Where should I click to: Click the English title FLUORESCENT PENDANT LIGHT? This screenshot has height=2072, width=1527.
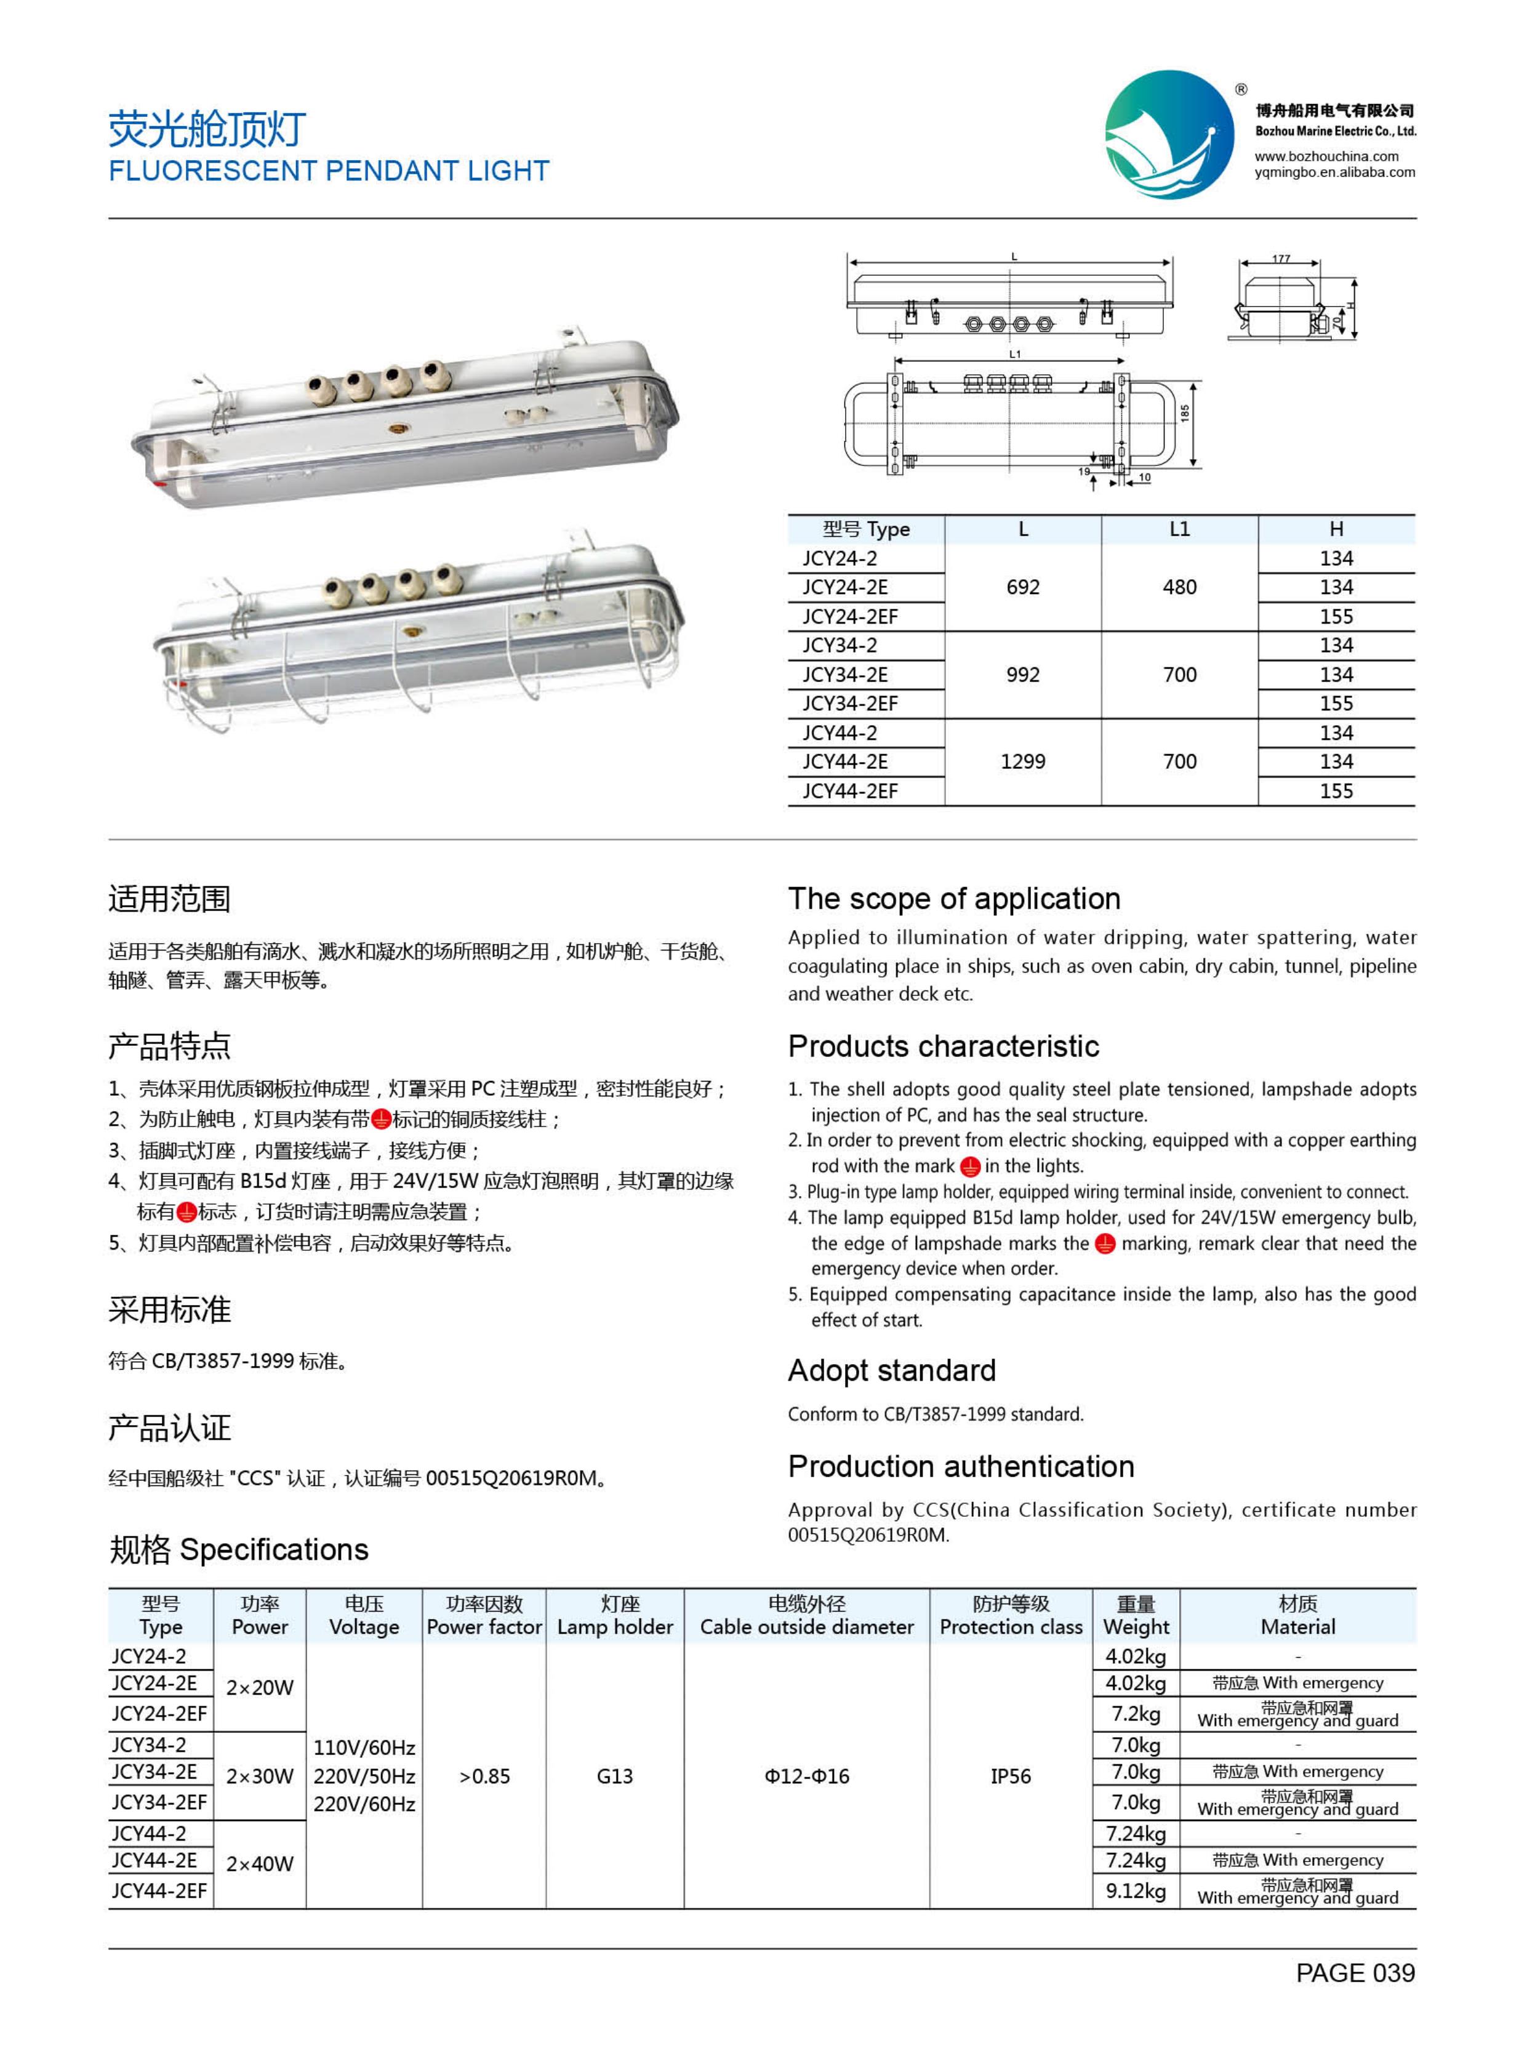tap(329, 171)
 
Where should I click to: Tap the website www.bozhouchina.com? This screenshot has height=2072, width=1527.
tap(1326, 156)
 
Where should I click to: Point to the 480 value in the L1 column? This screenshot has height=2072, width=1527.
tap(1179, 587)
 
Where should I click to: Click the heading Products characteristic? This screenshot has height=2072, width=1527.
tap(943, 1046)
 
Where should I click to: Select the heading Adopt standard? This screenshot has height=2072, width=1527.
tap(891, 1370)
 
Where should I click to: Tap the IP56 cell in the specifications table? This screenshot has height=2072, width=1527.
tap(1010, 1776)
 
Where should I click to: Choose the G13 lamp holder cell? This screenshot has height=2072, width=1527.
tap(615, 1776)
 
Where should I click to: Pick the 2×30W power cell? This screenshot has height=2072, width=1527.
tap(260, 1776)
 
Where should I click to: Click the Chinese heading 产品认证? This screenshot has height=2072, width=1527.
tap(169, 1428)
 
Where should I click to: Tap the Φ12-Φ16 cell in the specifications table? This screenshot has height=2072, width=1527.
tap(806, 1776)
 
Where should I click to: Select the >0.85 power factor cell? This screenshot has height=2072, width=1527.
tap(484, 1776)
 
